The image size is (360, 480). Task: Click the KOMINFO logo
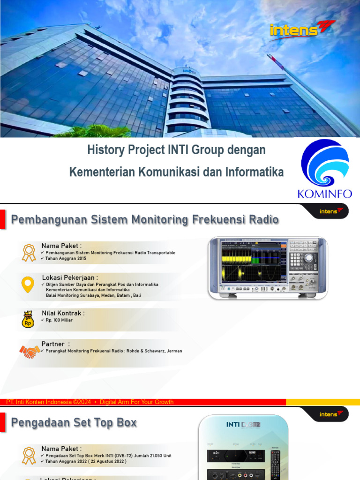(x=325, y=168)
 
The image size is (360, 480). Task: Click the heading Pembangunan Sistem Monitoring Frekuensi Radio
(x=145, y=220)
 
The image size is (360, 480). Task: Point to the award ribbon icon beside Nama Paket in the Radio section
(x=29, y=252)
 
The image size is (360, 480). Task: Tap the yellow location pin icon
(x=28, y=285)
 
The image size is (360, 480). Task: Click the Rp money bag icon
(x=28, y=320)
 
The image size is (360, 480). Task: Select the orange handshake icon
(x=30, y=351)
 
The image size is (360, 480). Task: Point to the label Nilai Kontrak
(x=63, y=313)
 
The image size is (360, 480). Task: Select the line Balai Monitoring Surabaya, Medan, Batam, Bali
(x=93, y=296)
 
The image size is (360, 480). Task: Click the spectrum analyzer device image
(x=268, y=268)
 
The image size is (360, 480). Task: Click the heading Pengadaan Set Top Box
(x=74, y=423)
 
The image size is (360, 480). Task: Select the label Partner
(x=52, y=344)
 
